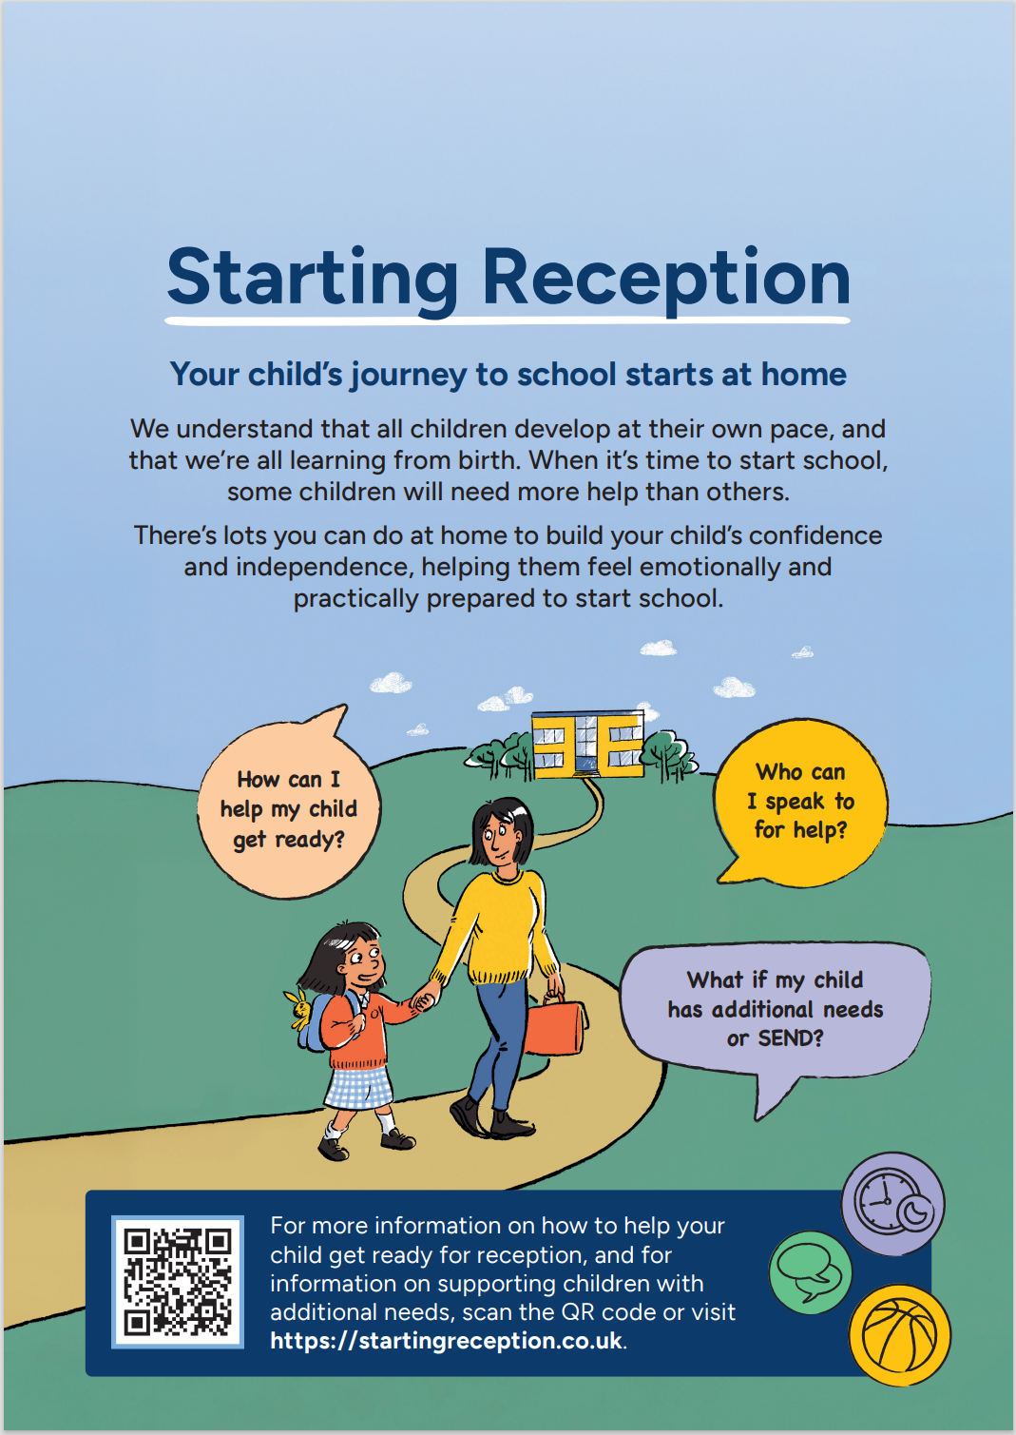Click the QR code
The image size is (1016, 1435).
tap(178, 1281)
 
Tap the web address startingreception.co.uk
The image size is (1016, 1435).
tap(447, 1341)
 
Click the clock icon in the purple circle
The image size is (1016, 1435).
tap(891, 1204)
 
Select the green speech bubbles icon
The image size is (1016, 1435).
tap(810, 1272)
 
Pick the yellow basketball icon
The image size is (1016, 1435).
tap(899, 1334)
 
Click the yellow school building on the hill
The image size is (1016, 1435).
tap(587, 742)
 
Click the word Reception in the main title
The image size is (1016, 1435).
tap(665, 278)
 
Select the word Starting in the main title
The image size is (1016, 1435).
tap(313, 278)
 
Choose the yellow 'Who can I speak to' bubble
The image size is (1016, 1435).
tap(800, 802)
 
